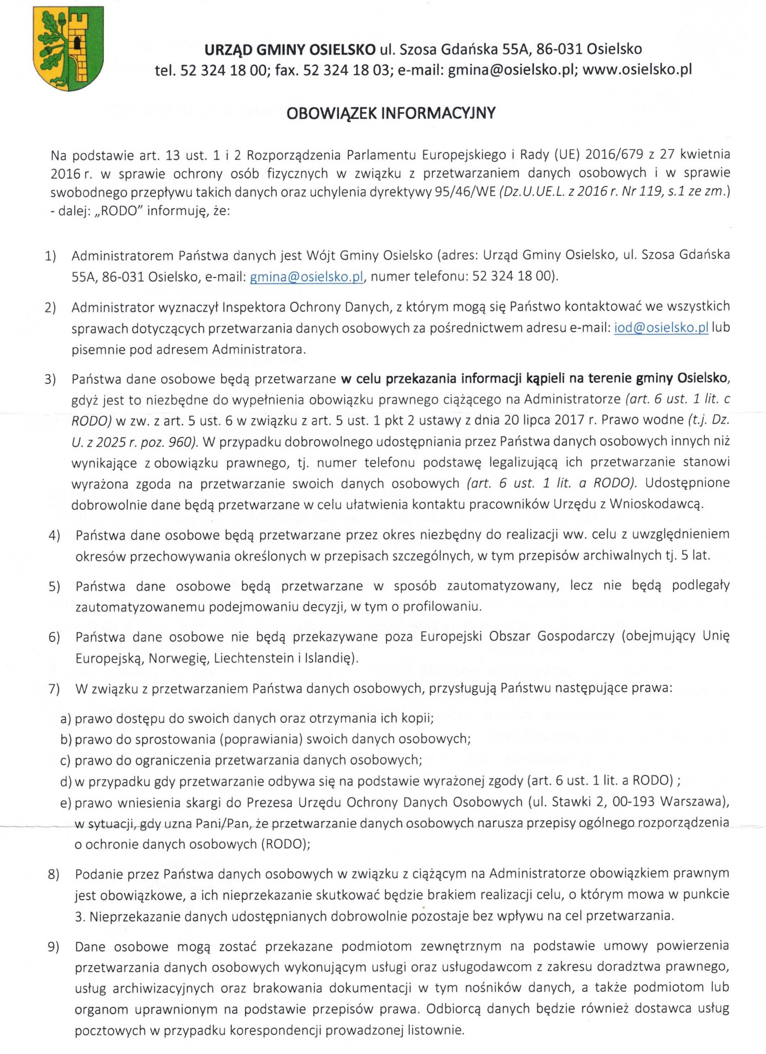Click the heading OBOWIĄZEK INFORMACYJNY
391,113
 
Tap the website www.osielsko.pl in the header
637,70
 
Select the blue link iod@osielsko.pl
661,328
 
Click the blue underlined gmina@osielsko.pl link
306,277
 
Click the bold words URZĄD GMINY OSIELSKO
290,49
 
